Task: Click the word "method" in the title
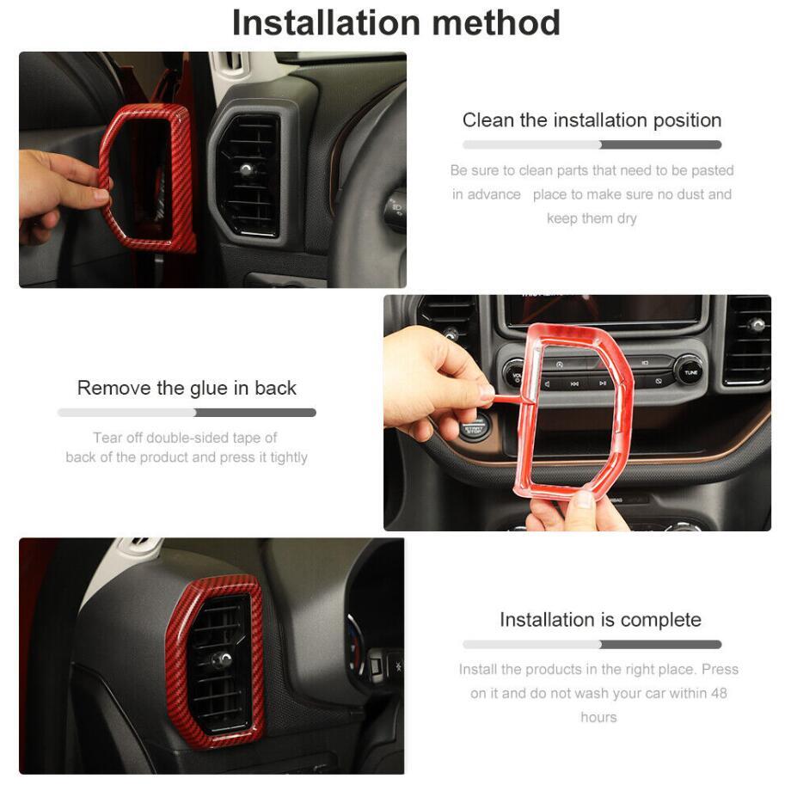[x=496, y=22]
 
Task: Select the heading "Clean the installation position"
[x=592, y=120]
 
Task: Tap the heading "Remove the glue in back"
[x=187, y=388]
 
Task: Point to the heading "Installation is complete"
[x=600, y=620]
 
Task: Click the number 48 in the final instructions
[x=719, y=693]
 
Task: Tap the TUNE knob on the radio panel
[x=690, y=371]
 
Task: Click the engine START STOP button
[x=473, y=429]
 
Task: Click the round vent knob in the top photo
[x=246, y=169]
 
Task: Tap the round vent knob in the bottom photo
[x=220, y=659]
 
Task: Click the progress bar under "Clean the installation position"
[x=592, y=144]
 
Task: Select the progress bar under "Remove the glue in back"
[x=187, y=413]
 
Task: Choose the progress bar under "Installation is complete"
[x=592, y=644]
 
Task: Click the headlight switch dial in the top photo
[x=396, y=208]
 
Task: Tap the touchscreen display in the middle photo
[x=604, y=310]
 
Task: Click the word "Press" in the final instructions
[x=720, y=669]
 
